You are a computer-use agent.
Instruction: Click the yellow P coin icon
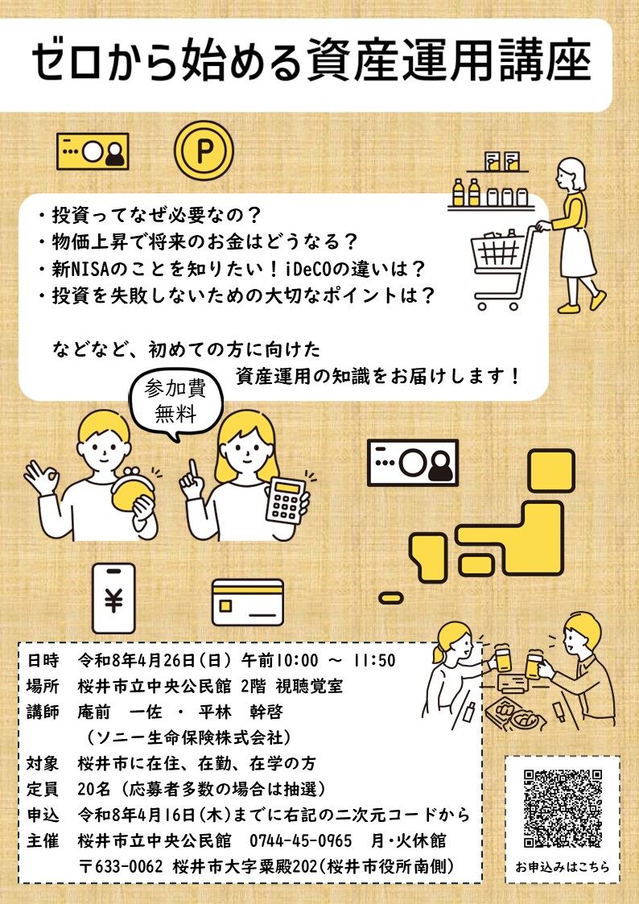203,151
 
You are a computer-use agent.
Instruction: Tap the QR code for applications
563,808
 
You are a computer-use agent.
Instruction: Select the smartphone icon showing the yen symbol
113,597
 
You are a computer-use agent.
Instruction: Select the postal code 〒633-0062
122,866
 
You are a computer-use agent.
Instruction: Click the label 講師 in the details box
43,712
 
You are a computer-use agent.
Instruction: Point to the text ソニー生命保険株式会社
188,737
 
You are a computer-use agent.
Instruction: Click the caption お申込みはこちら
563,869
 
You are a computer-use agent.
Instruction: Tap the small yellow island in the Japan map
390,597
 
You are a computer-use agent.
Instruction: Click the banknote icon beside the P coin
93,151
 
